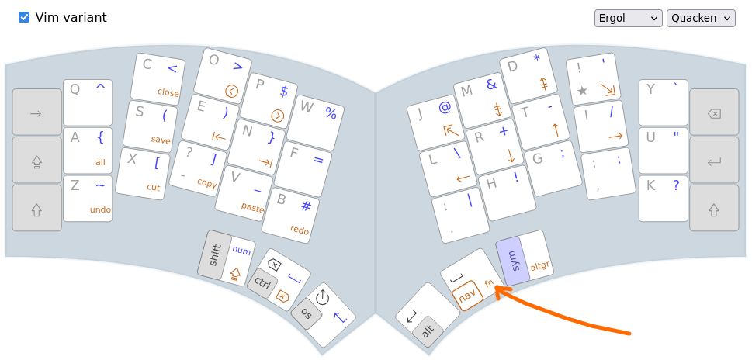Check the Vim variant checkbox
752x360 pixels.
[x=24, y=18]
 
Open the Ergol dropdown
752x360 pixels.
[x=629, y=18]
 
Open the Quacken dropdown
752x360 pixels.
[x=701, y=18]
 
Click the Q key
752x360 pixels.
[x=88, y=102]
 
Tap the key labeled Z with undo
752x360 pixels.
[x=88, y=199]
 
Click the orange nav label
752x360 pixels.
[x=467, y=296]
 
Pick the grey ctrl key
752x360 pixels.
[x=262, y=284]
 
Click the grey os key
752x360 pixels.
[x=307, y=313]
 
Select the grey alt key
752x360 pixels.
[x=428, y=331]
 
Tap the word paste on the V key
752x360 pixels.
[x=252, y=208]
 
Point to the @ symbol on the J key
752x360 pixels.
[x=445, y=109]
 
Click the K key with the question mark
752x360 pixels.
[x=664, y=199]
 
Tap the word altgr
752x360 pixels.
[x=540, y=265]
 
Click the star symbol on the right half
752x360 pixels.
[x=583, y=91]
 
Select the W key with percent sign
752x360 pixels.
[x=315, y=123]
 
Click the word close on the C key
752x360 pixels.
[x=168, y=92]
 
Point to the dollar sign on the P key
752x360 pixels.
[x=284, y=91]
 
